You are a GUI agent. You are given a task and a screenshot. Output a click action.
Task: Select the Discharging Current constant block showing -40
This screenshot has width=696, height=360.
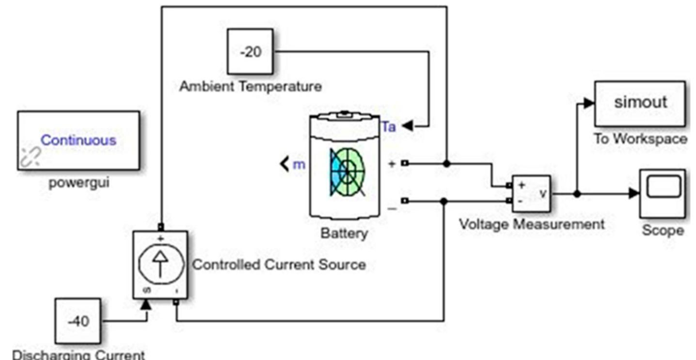pos(78,321)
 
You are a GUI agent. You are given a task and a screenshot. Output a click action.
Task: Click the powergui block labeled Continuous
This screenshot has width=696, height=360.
pos(79,141)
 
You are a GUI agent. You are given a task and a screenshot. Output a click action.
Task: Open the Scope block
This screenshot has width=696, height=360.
pos(662,193)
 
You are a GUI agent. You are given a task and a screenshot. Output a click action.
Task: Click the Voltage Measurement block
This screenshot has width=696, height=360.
pos(531,193)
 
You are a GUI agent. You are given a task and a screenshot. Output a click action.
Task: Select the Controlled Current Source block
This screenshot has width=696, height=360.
pos(160,265)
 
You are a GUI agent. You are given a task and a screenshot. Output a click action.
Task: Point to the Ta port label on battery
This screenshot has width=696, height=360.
pos(388,127)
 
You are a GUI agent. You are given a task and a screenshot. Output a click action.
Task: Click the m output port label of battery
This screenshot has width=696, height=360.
pos(299,165)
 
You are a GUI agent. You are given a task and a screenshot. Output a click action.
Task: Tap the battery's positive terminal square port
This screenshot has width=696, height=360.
pos(405,164)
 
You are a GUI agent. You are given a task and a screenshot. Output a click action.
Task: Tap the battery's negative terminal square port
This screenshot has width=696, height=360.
pos(405,201)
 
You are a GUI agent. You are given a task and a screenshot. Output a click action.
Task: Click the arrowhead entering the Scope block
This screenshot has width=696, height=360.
pos(634,193)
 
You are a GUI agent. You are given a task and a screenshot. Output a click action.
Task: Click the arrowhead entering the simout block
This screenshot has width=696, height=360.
pos(588,103)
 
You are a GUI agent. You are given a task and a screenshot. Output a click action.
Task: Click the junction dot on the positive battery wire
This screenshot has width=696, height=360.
pos(446,164)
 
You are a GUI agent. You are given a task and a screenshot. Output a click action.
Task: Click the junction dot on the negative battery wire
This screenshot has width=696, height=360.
pos(443,201)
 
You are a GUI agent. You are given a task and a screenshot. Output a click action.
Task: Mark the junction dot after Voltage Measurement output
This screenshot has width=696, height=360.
pos(576,193)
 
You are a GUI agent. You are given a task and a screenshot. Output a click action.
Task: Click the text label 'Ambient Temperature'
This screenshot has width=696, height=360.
pos(250,87)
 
